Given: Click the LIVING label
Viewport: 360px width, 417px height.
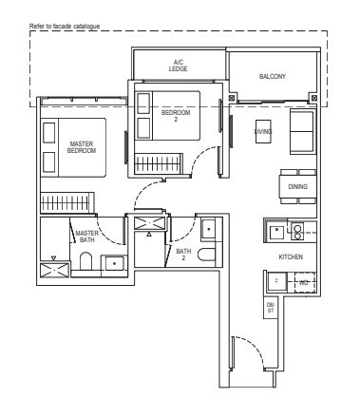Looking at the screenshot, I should pyautogui.click(x=263, y=132).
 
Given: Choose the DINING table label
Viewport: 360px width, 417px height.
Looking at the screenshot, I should pyautogui.click(x=298, y=186).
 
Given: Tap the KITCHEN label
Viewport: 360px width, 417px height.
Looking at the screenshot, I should pyautogui.click(x=290, y=256).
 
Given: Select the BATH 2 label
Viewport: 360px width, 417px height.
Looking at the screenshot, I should pyautogui.click(x=183, y=255).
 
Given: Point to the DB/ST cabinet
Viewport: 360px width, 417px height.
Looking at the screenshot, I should pyautogui.click(x=271, y=307).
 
